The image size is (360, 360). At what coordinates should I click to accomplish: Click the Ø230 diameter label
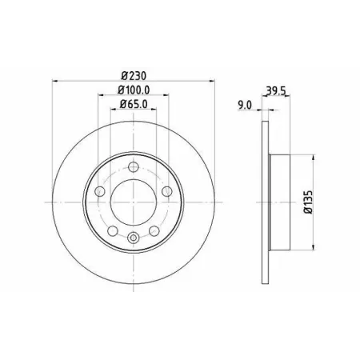(x=134, y=76)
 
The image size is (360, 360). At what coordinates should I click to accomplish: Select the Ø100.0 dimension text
(x=134, y=90)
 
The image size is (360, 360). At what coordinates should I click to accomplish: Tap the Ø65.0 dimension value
(x=134, y=104)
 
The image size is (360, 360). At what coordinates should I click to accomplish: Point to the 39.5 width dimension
(x=276, y=91)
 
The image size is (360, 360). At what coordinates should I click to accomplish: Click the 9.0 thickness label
(x=245, y=106)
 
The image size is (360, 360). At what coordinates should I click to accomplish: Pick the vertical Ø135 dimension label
(x=308, y=202)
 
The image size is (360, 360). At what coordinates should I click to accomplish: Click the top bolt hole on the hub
(x=133, y=167)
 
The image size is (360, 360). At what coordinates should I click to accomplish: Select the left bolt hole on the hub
(x=100, y=191)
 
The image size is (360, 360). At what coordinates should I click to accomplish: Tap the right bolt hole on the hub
(x=167, y=191)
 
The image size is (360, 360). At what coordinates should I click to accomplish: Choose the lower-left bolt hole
(x=113, y=230)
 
